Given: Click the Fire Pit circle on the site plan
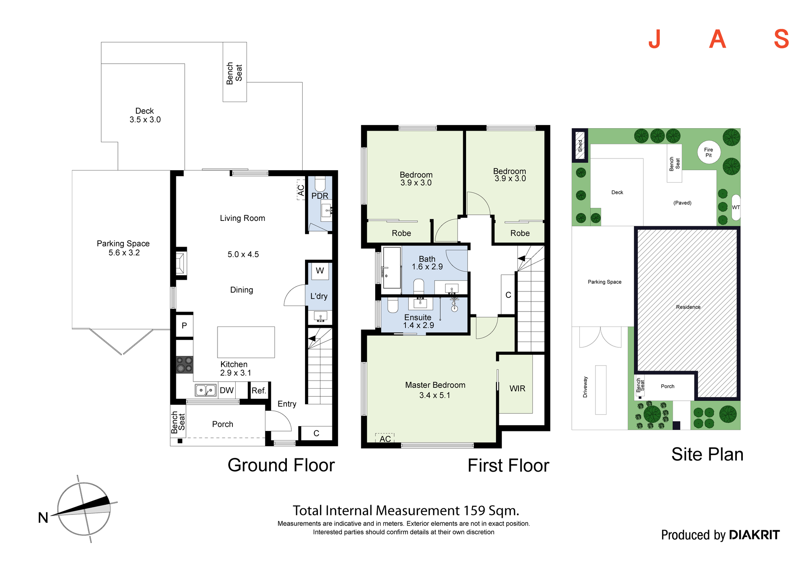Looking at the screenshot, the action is pos(709,152).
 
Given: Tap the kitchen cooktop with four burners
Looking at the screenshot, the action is pos(184,365).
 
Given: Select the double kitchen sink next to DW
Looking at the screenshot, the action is pos(206,390).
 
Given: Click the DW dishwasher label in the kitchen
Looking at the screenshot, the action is pos(227,390).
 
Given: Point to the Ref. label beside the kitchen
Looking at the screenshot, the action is pos(259,391).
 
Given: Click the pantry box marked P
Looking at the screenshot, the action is pos(184,325).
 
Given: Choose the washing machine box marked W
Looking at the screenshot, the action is pos(320,271).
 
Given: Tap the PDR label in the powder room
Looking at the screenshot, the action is pos(320,196).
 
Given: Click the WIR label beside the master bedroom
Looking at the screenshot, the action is pos(517,389).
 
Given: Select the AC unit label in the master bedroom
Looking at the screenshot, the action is pos(385,439).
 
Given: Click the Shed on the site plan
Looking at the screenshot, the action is pos(580,145).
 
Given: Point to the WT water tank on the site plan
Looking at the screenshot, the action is pos(736,208).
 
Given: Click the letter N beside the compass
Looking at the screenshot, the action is pos(43,518).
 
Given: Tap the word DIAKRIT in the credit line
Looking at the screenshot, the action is pos(755,535).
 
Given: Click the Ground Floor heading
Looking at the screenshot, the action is pos(281,465).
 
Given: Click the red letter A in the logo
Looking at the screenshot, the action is pos(717,40).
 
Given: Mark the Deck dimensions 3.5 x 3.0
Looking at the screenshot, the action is pos(145,120).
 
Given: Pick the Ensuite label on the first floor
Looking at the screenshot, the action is pos(418,318).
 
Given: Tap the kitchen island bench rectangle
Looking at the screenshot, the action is pos(246,342).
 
